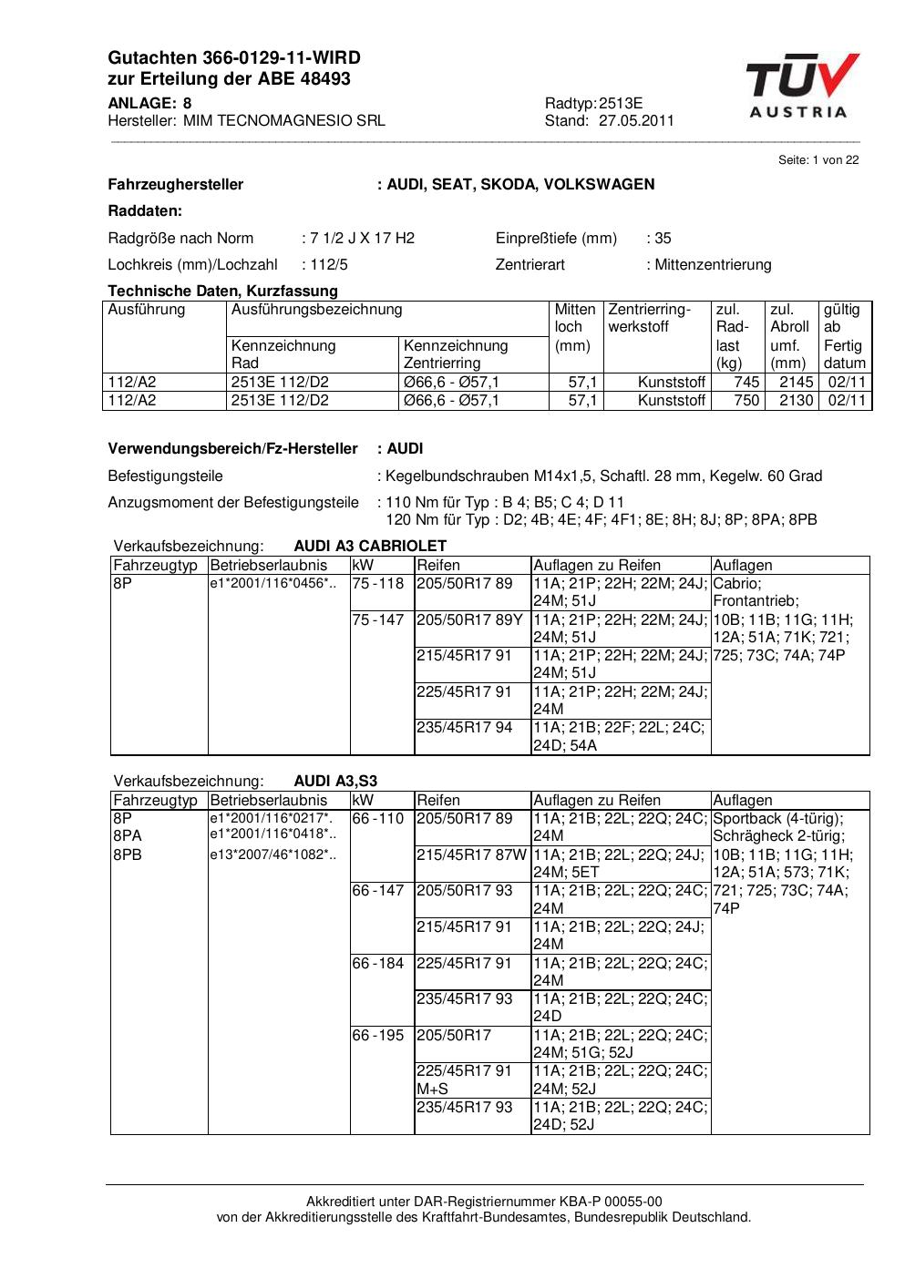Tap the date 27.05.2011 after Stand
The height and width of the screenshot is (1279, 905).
[x=636, y=120]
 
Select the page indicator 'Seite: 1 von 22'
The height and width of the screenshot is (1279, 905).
[x=818, y=160]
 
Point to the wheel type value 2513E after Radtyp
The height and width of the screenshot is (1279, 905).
[x=621, y=104]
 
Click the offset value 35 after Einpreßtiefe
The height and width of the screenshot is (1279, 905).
[x=663, y=239]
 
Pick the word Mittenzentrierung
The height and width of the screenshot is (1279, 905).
[x=713, y=265]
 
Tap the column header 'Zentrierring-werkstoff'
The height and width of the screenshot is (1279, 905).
[x=649, y=318]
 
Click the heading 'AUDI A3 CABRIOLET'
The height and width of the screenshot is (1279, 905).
[x=370, y=547]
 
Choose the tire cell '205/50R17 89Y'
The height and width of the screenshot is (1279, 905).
[x=469, y=619]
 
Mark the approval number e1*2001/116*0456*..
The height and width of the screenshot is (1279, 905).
[x=273, y=584]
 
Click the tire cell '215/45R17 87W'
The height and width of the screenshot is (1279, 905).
[x=471, y=854]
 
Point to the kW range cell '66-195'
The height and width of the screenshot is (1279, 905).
[x=378, y=1035]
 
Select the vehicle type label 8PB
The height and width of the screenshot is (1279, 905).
[x=128, y=854]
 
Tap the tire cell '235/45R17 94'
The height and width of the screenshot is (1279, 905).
[x=464, y=728]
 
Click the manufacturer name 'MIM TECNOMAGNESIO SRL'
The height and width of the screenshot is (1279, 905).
[x=283, y=120]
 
